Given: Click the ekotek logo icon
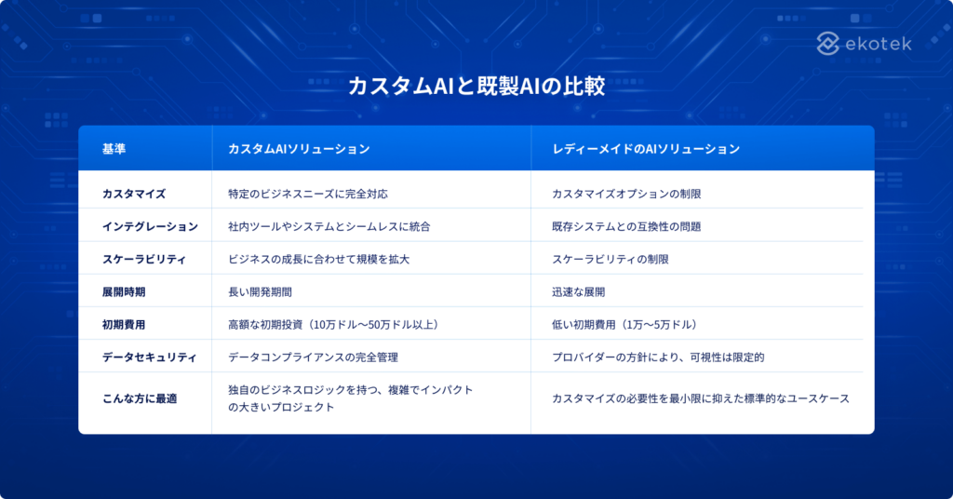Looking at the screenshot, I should click(x=828, y=43).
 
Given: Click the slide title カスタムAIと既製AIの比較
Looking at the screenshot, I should click(x=476, y=87).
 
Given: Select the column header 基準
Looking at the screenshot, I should click(x=114, y=149).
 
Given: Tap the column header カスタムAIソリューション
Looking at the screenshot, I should click(x=299, y=149).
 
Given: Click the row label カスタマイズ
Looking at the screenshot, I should click(x=134, y=194).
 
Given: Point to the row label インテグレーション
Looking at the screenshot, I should click(x=150, y=226).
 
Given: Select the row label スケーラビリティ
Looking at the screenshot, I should click(x=144, y=259).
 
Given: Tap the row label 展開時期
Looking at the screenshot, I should click(x=124, y=291).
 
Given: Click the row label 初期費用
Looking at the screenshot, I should click(x=124, y=324).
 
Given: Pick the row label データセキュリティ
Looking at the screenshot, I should click(x=150, y=357).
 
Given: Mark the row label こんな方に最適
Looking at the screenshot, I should click(x=140, y=398).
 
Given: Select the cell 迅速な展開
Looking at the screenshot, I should click(x=578, y=291).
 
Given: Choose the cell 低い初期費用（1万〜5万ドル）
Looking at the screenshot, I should click(x=624, y=324).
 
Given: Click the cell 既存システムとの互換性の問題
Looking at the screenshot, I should click(x=626, y=226).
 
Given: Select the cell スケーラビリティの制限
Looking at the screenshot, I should click(x=611, y=259).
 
